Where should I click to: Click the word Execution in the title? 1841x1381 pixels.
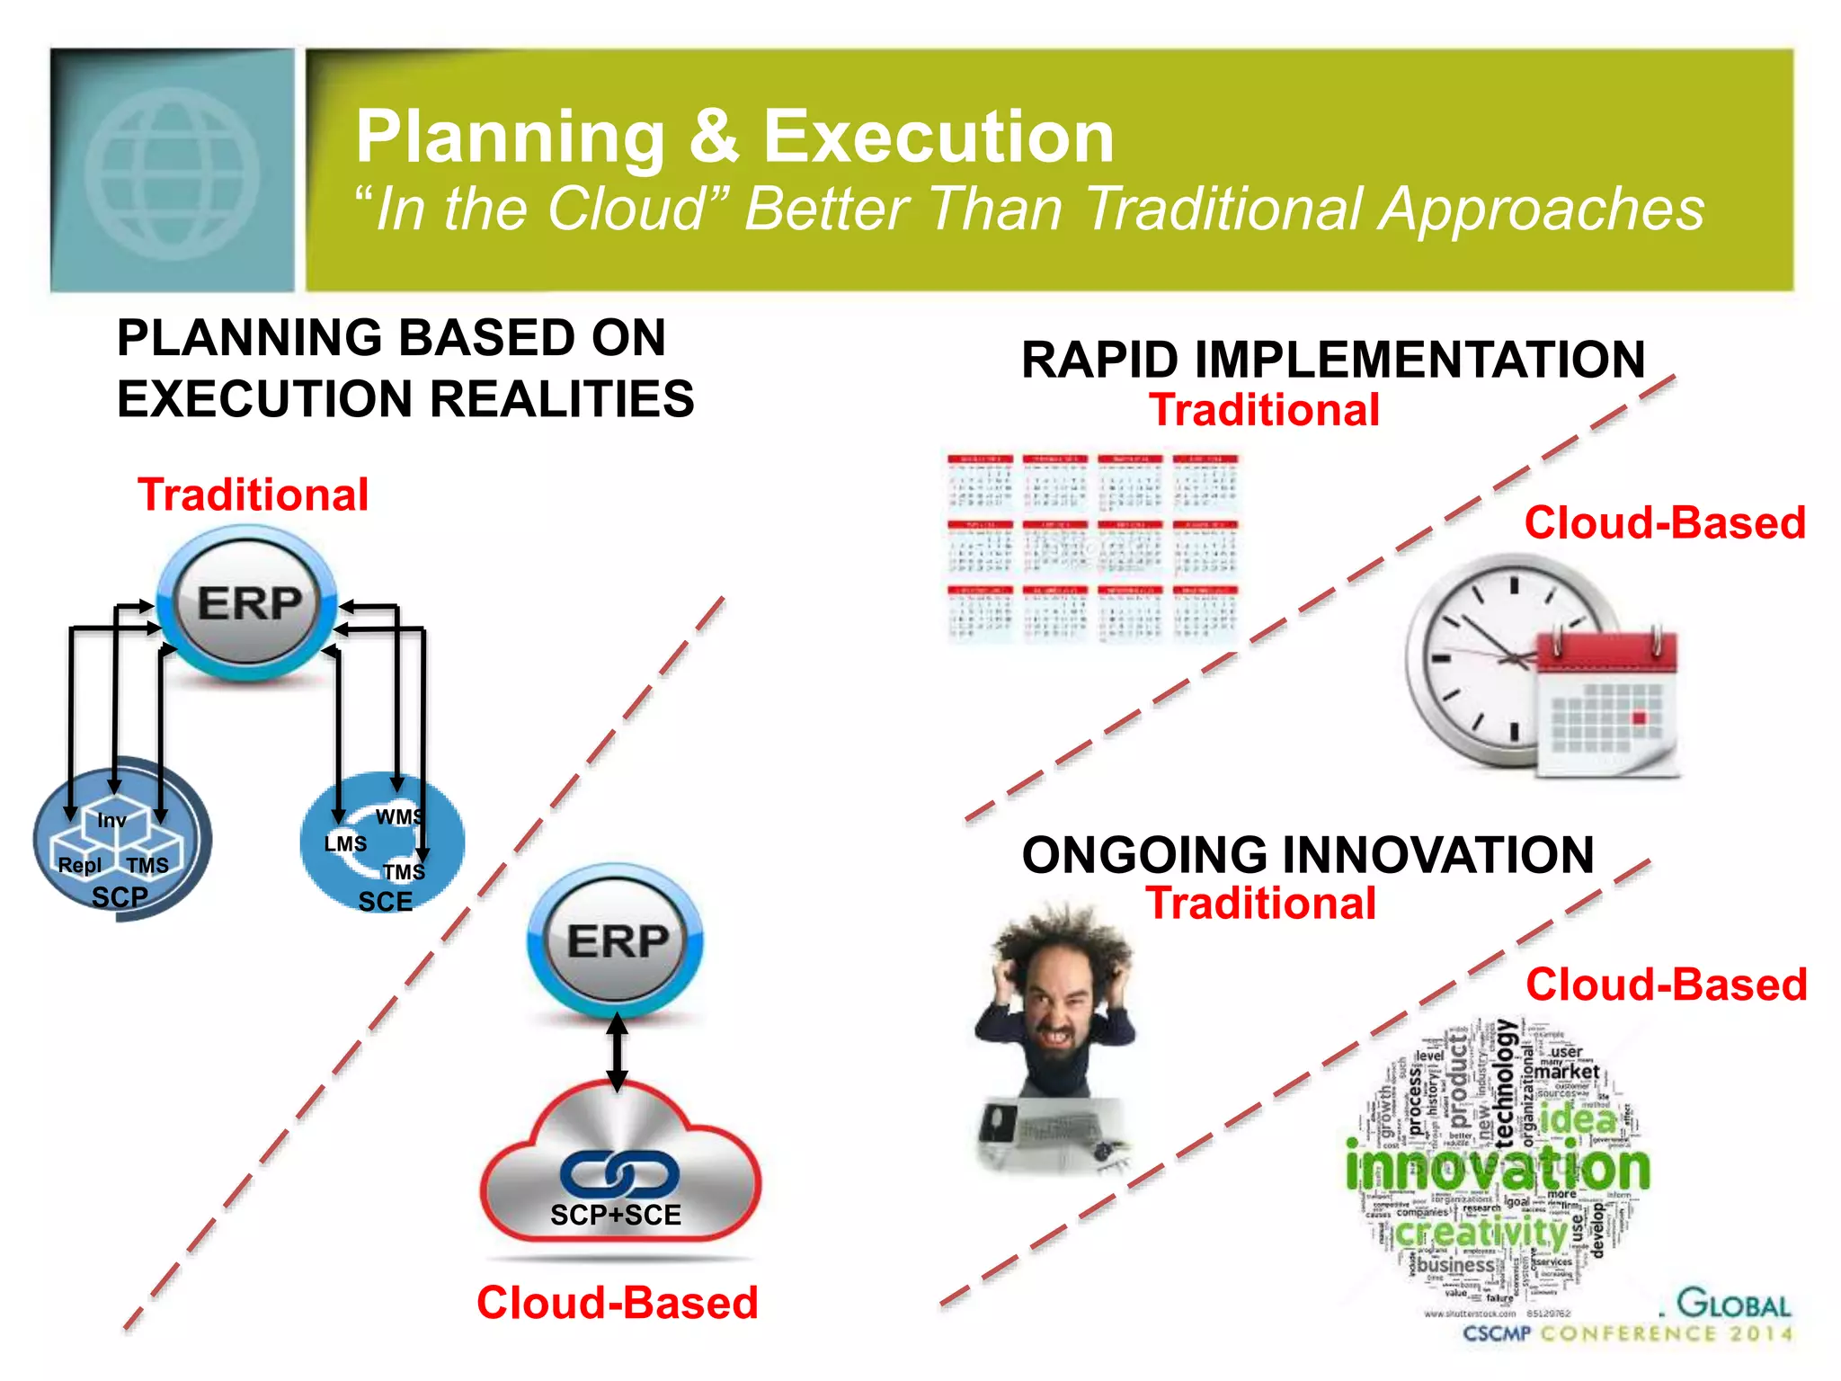938,137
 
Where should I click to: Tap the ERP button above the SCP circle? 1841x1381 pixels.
248,603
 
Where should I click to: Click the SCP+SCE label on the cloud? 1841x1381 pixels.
616,1216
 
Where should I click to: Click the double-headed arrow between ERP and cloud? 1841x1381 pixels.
617,1052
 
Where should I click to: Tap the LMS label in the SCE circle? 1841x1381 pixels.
345,844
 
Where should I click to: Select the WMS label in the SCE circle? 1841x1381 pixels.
398,816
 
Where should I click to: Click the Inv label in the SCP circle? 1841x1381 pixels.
111,820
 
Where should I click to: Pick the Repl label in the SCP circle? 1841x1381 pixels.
79,865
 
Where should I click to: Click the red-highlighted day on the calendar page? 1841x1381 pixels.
1638,717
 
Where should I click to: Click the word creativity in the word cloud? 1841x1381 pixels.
1481,1231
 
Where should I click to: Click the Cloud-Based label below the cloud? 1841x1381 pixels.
617,1303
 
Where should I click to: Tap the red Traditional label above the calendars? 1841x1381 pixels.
1264,411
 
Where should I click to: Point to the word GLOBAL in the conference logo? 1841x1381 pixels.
1734,1304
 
